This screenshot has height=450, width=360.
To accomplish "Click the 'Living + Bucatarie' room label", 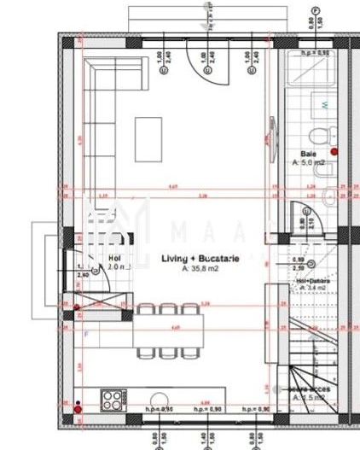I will coord(201,258).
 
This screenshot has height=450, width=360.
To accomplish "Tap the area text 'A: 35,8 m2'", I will coord(201,269).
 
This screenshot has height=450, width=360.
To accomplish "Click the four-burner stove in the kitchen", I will coord(113,400).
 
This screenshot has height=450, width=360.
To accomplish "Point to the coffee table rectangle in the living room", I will coord(149,137).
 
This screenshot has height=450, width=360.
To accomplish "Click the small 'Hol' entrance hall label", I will coord(114,256).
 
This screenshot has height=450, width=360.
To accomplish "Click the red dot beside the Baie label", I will coord(334,151).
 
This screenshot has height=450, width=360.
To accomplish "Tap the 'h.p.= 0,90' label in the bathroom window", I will coord(313,53).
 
